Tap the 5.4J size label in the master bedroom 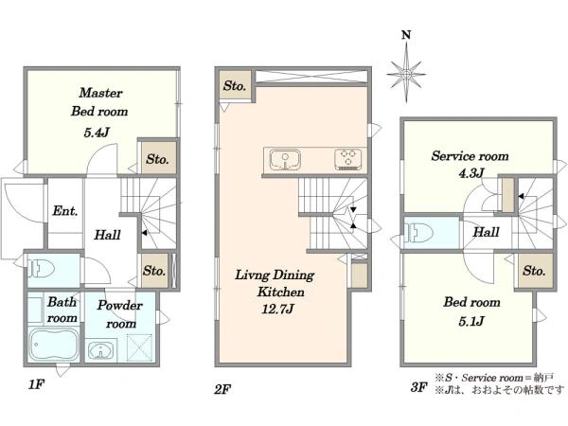(x=97, y=133)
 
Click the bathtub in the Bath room (x=53, y=345)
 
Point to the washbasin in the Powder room (x=100, y=350)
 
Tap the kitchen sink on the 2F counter (x=285, y=160)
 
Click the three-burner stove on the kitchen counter (x=349, y=159)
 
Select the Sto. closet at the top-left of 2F (x=235, y=86)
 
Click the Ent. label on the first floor (x=65, y=210)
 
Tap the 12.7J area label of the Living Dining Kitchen (x=277, y=309)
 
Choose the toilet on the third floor (x=420, y=232)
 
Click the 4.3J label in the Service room (x=471, y=173)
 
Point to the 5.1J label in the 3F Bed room (x=471, y=321)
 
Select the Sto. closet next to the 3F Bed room (x=534, y=271)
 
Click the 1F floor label (x=36, y=384)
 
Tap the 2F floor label (x=222, y=390)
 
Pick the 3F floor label (x=419, y=387)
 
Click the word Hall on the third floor (x=487, y=232)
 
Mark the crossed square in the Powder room (x=139, y=347)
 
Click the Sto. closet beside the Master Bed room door (x=157, y=159)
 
